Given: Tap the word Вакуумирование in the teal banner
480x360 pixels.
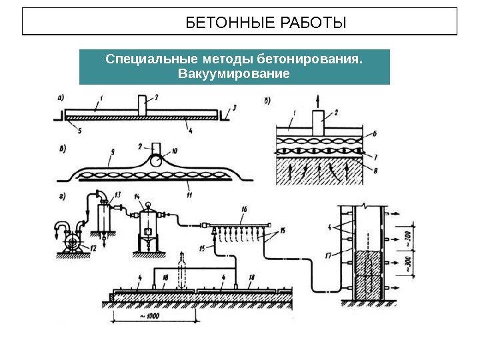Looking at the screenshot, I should (x=234, y=73).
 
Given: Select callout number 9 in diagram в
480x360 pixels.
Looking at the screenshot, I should (x=113, y=151).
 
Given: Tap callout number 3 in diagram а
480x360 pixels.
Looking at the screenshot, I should (x=234, y=107).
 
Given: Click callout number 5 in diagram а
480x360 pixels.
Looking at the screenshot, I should (x=80, y=131).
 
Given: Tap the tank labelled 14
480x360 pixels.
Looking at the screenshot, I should (x=147, y=223).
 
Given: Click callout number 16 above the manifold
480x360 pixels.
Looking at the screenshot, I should (x=244, y=209).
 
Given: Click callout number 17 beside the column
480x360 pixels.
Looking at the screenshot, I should (x=327, y=253).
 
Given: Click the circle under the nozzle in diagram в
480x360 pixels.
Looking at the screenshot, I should (x=155, y=161).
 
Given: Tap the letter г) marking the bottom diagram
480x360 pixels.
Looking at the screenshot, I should (x=62, y=196).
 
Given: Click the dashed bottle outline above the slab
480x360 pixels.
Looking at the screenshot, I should (x=184, y=270).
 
